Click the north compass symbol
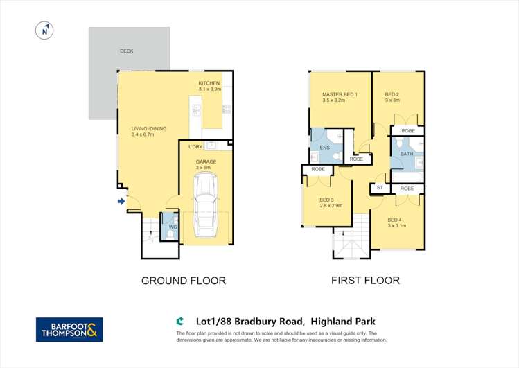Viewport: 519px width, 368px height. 44,30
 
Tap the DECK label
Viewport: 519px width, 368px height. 126,51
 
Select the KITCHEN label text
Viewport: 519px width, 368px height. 209,84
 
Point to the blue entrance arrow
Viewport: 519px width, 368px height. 121,202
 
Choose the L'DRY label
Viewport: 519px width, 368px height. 195,146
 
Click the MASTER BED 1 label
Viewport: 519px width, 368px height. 340,94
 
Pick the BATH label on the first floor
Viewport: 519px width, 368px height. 406,154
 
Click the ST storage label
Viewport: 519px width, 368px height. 379,188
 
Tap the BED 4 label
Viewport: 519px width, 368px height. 396,220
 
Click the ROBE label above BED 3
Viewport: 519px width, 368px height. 318,169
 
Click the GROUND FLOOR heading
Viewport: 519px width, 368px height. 184,281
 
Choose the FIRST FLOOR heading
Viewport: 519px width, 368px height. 365,281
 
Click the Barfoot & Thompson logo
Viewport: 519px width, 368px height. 69,329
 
